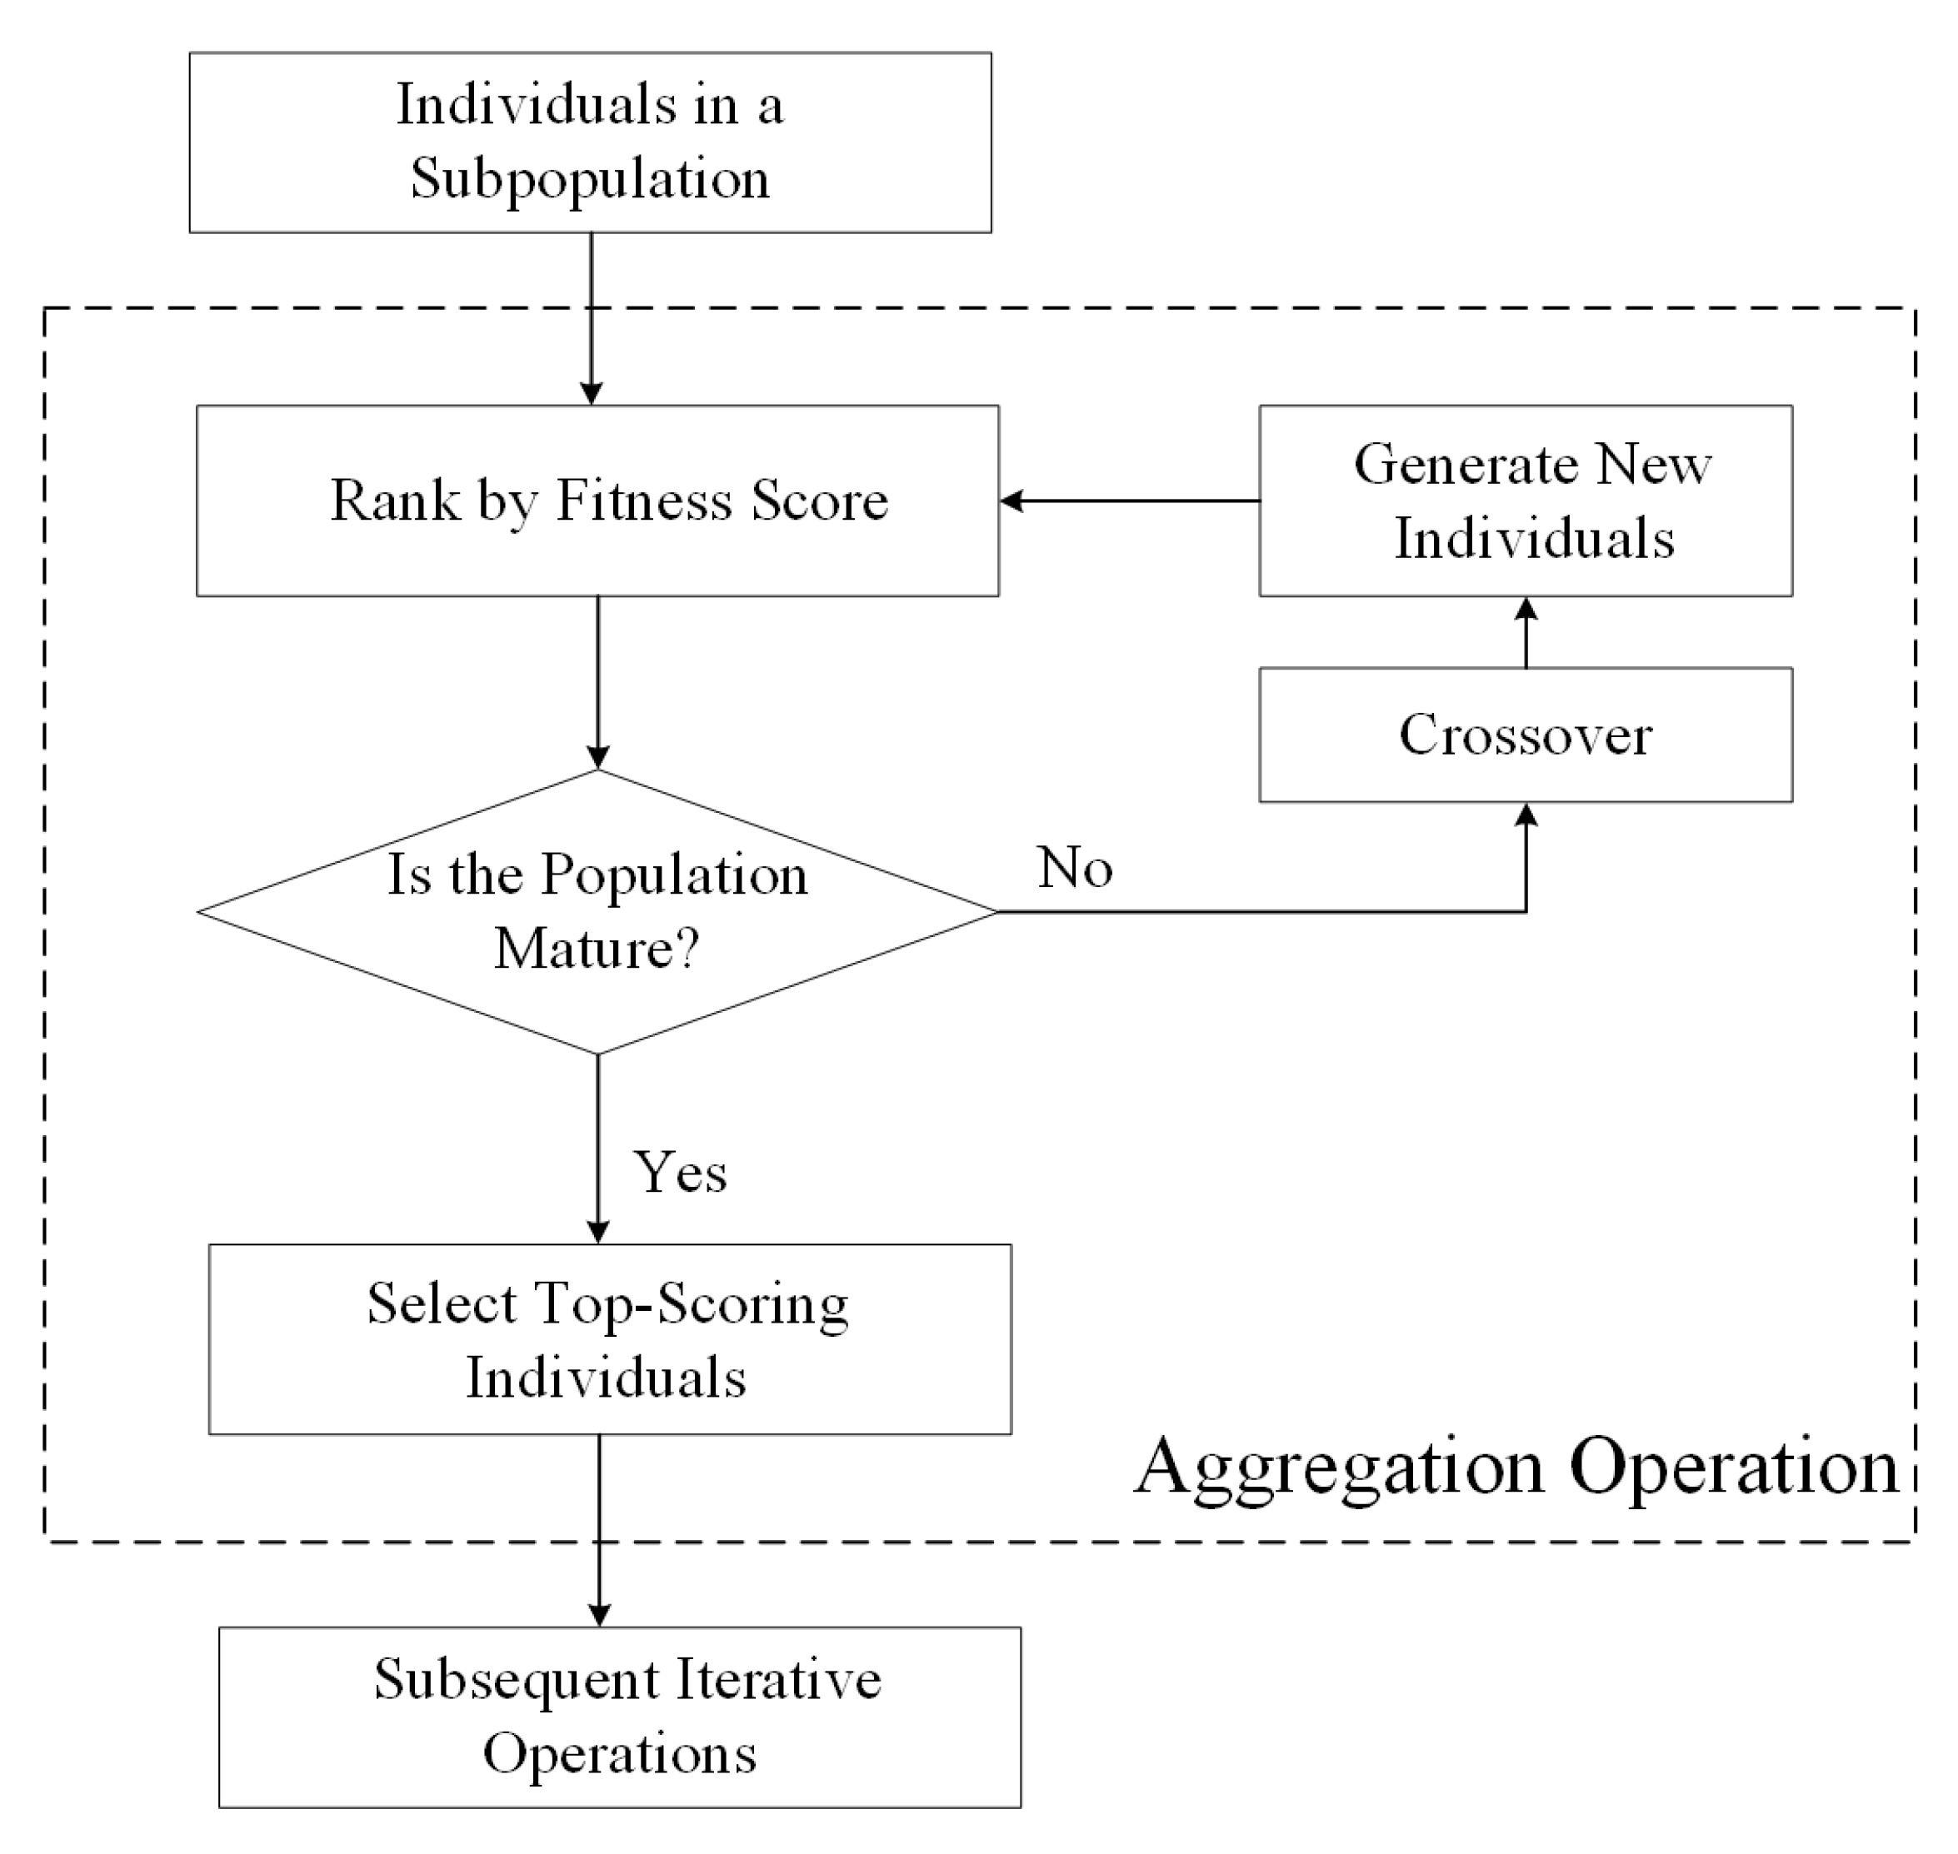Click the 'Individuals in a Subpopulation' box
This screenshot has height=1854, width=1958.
pyautogui.click(x=590, y=142)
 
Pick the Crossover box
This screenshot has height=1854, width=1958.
pyautogui.click(x=1525, y=735)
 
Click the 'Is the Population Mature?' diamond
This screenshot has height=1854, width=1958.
pyautogui.click(x=597, y=911)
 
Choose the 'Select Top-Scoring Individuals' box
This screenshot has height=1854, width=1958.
pyautogui.click(x=609, y=1339)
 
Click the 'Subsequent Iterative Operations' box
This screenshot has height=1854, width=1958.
pyautogui.click(x=619, y=1717)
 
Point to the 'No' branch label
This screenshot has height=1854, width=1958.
pyautogui.click(x=1074, y=868)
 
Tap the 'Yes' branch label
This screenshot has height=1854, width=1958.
pyautogui.click(x=680, y=1172)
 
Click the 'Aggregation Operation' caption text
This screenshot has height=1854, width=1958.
pyautogui.click(x=1516, y=1466)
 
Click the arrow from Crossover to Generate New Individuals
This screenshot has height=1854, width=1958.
pyautogui.click(x=1526, y=632)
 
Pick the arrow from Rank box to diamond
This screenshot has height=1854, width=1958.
pyautogui.click(x=598, y=682)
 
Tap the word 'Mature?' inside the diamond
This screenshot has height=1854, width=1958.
pyautogui.click(x=597, y=949)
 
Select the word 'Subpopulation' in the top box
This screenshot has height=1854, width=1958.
pyautogui.click(x=590, y=180)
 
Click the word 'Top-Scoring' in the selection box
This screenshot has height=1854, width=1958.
pyautogui.click(x=692, y=1304)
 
